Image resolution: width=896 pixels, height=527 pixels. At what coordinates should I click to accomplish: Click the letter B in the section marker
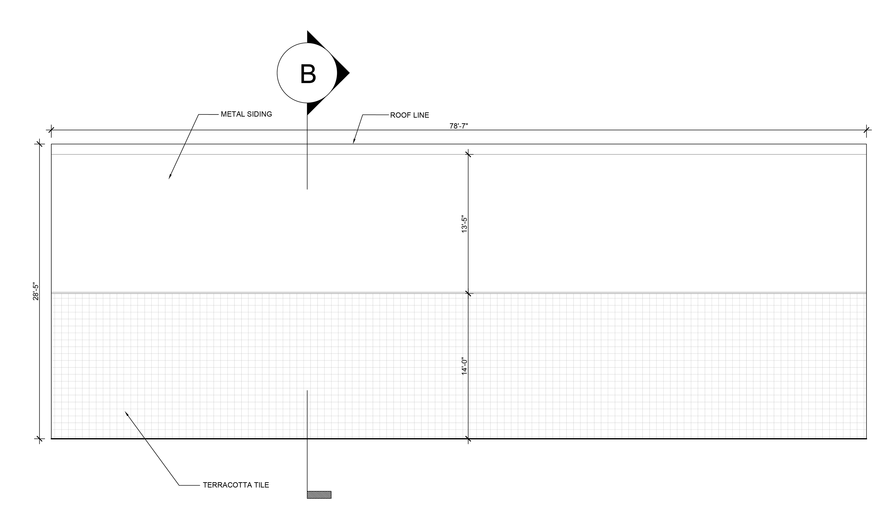308,74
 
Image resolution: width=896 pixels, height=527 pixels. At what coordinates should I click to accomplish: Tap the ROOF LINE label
409,115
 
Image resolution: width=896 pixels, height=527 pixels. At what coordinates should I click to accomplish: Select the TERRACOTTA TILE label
236,485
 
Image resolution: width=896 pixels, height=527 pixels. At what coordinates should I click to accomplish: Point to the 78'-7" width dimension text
459,126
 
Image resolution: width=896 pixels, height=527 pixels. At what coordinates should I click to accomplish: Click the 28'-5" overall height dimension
35,291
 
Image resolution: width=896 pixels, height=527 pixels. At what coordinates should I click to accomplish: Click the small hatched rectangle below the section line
319,495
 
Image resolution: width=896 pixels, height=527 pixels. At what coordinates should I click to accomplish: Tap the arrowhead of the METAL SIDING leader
170,177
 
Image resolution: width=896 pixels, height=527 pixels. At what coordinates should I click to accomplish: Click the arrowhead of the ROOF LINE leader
354,142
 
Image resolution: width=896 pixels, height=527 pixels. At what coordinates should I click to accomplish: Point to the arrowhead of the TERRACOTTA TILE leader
126,413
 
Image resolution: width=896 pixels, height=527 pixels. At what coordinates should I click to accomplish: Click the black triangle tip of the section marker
349,73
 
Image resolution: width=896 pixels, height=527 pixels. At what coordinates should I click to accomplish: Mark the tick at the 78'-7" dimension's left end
52,130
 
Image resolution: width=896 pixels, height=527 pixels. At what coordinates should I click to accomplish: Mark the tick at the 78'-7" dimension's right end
867,130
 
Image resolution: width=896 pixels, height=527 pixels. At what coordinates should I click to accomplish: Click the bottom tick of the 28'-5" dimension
39,439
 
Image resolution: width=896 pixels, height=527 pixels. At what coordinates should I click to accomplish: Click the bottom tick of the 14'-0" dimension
468,439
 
